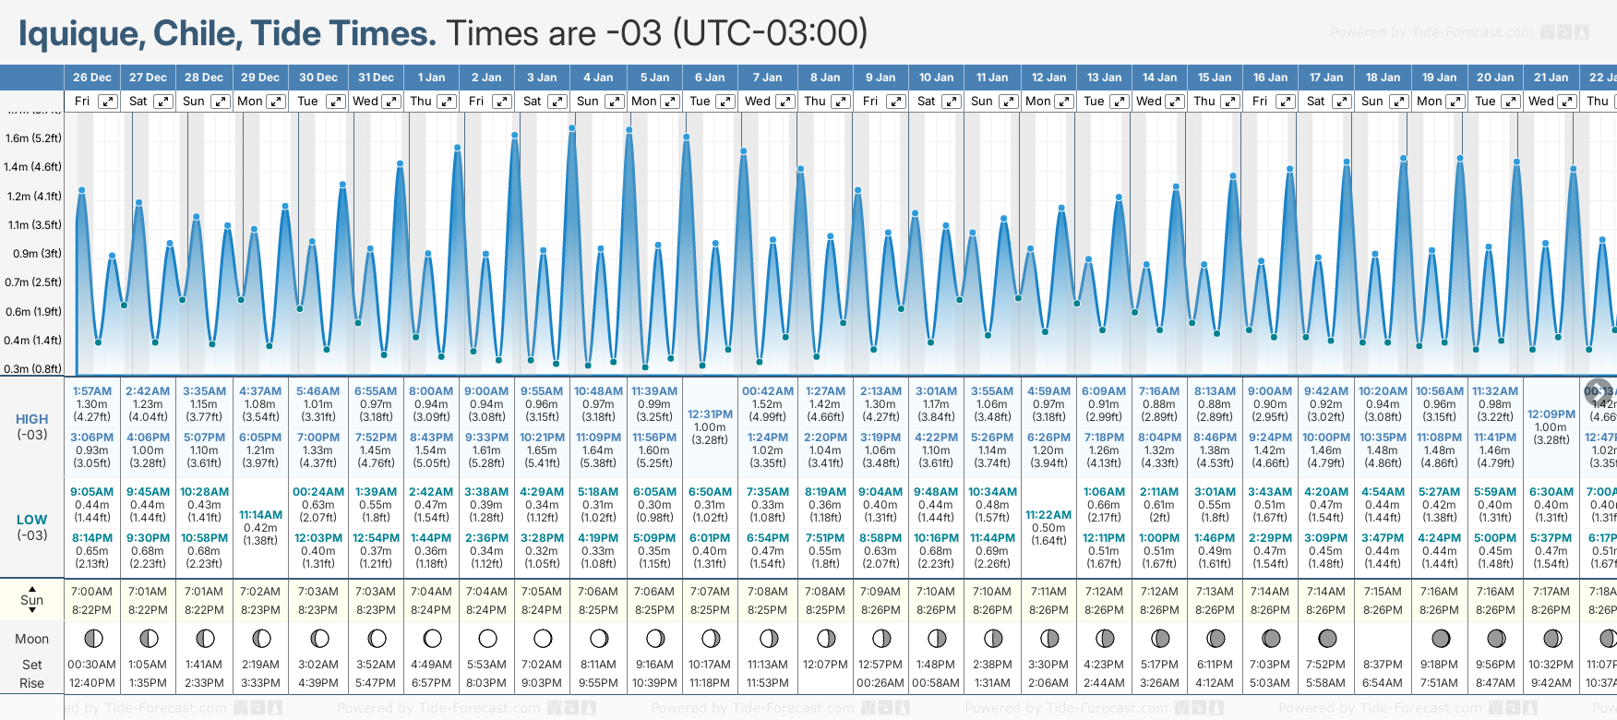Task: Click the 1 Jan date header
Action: [x=431, y=78]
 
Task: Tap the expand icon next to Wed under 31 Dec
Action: [x=391, y=102]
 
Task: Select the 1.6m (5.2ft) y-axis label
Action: [x=33, y=138]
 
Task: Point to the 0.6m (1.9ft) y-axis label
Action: [x=33, y=312]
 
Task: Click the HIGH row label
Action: [x=32, y=419]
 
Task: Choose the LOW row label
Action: [x=32, y=520]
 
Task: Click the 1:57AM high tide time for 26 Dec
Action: [x=92, y=391]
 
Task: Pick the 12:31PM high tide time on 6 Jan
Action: [x=711, y=414]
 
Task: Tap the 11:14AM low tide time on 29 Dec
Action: [x=260, y=515]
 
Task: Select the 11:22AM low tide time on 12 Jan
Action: [x=1048, y=515]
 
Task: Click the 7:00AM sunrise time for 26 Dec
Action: [x=92, y=592]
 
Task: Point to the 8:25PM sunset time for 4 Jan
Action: [x=598, y=610]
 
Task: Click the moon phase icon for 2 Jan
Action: [x=487, y=638]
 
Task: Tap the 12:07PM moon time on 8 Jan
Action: [x=825, y=665]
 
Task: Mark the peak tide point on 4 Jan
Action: [x=573, y=127]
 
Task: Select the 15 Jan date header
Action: [x=1215, y=78]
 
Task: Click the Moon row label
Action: [x=32, y=639]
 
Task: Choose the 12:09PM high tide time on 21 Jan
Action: [x=1551, y=414]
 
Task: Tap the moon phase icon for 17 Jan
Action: [x=1327, y=638]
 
